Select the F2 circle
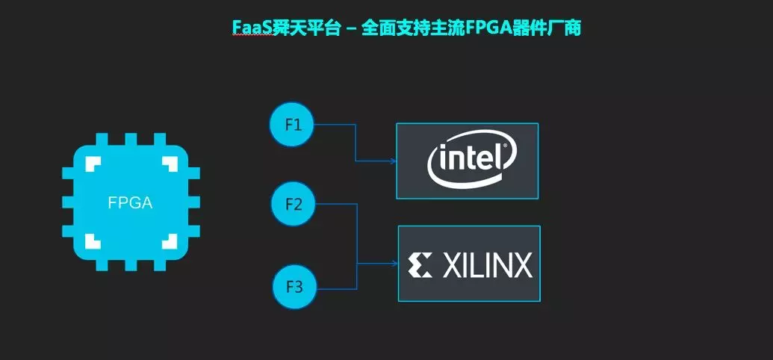(293, 204)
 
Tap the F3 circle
(294, 287)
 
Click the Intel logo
(472, 160)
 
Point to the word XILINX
(488, 265)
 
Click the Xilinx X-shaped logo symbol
(420, 265)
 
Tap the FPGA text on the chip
(130, 202)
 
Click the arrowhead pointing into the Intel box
(394, 161)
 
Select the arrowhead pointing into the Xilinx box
(395, 264)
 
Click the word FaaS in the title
(252, 28)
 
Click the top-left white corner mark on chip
(93, 164)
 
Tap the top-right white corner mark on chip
(170, 164)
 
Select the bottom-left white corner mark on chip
(93, 241)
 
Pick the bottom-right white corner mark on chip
(170, 241)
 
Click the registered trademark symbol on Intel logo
(504, 146)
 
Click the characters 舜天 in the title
(290, 28)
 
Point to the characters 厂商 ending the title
(565, 28)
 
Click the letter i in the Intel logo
(443, 159)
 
